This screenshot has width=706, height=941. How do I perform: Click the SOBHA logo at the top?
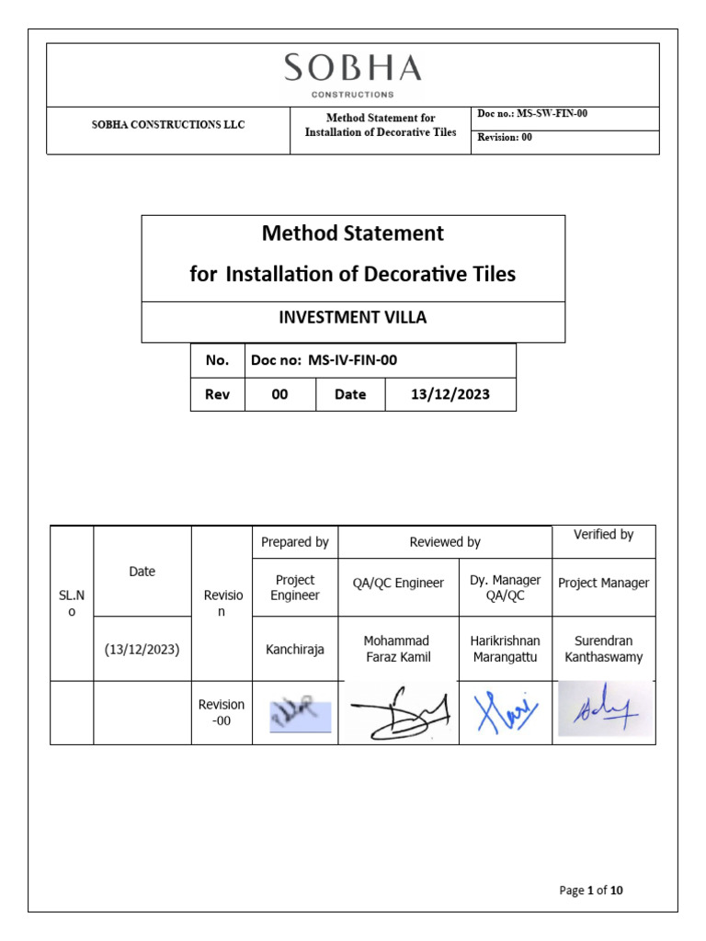352,74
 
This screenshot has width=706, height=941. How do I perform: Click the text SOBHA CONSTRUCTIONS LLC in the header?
168,125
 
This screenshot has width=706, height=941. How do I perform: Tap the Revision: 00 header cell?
504,138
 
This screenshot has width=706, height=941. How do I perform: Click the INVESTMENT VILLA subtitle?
353,318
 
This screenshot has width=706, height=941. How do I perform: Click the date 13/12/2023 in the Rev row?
450,394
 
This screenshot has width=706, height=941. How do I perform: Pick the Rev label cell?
217,394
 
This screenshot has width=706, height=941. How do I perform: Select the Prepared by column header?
294,542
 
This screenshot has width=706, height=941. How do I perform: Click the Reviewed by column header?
445,542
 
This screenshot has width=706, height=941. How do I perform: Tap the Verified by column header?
603,535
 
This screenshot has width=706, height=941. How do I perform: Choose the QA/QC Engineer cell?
398,583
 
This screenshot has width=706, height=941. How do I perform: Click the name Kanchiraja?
294,649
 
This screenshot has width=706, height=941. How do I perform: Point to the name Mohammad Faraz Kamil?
397,648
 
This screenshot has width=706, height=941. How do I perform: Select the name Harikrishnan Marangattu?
505,648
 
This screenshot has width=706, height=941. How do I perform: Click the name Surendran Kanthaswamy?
603,648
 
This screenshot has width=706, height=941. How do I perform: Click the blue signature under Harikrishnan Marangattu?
505,712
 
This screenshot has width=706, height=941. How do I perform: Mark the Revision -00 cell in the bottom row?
222,712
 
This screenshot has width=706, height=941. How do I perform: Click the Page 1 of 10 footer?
592,890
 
